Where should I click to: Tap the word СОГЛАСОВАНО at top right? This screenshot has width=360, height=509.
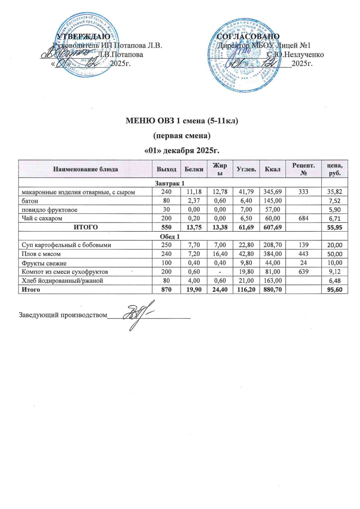pyautogui.click(x=249, y=36)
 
